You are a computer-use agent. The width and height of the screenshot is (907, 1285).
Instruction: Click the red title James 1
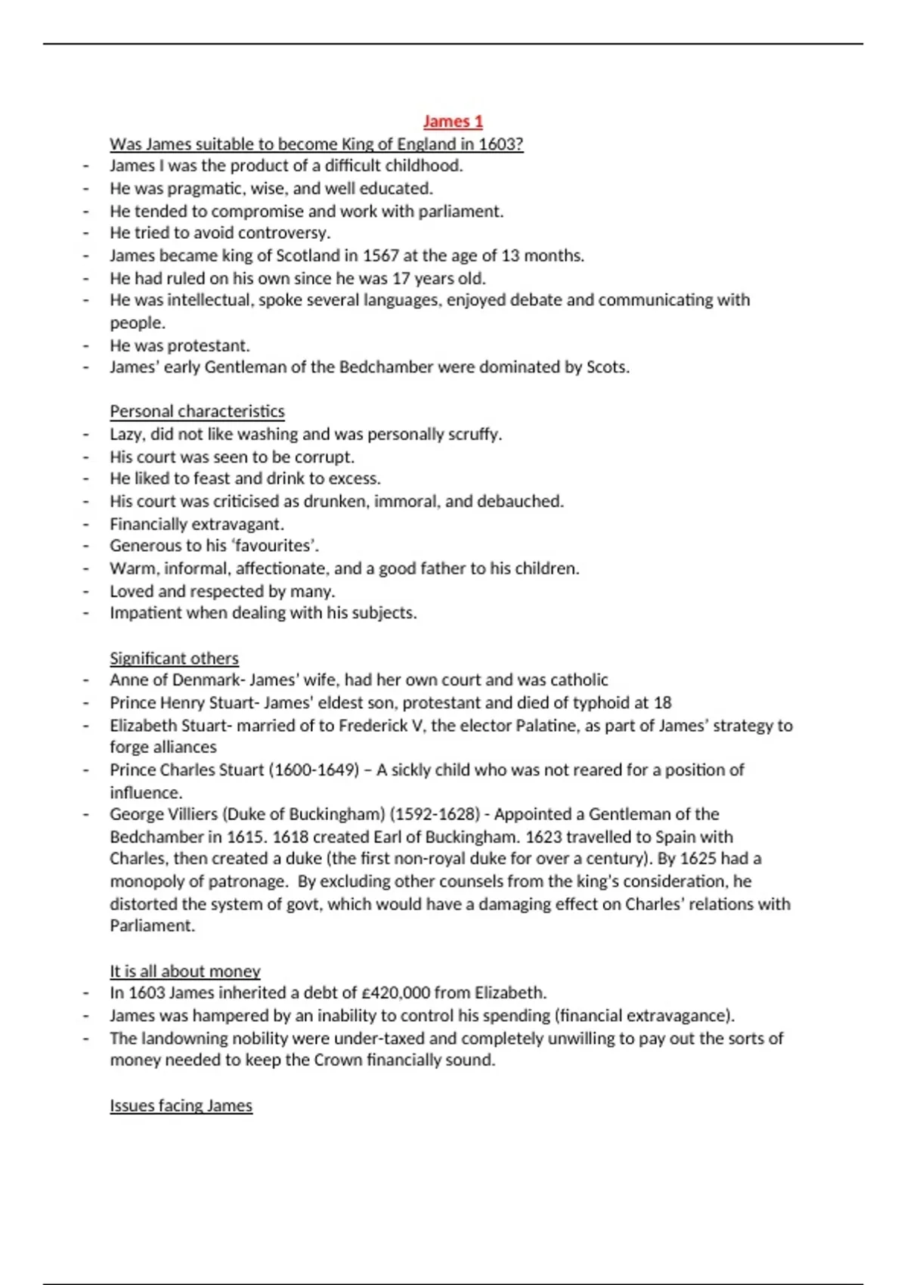tap(453, 121)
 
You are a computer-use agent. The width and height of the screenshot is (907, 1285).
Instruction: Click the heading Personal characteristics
tap(197, 411)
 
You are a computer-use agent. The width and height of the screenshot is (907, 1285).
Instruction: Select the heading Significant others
tap(174, 658)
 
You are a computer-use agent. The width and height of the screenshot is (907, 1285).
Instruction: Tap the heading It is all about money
tap(185, 971)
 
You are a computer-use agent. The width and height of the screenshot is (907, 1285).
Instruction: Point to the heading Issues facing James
tap(181, 1106)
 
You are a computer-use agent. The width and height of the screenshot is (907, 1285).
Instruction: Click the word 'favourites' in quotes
tap(274, 546)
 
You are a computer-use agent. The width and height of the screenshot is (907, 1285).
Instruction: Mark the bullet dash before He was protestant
tap(86, 346)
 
